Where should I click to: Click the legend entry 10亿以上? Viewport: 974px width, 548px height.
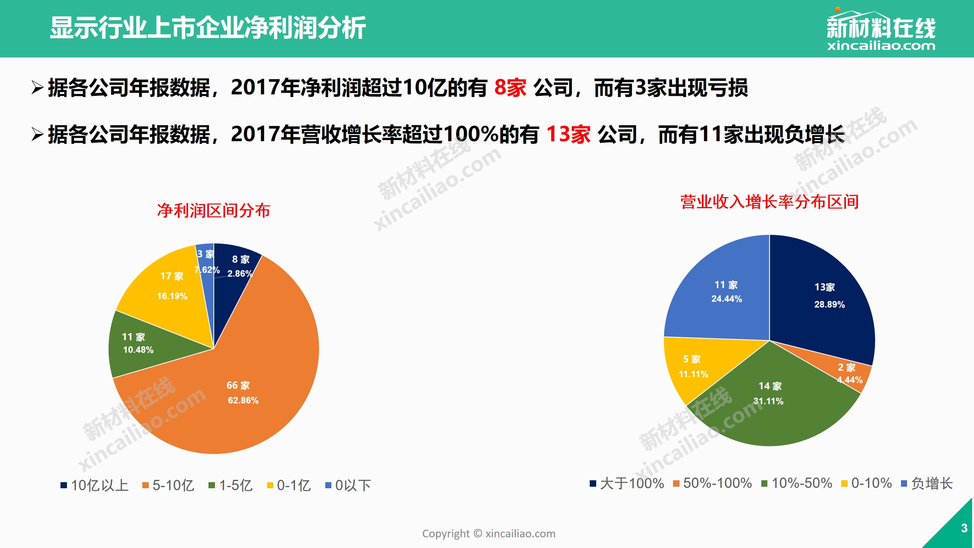pos(95,485)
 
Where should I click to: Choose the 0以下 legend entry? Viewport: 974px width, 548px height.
pos(349,485)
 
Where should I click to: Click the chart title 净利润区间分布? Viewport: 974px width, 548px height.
pos(213,210)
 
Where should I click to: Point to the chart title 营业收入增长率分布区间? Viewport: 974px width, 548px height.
pos(769,202)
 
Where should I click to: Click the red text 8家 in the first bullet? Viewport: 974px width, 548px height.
pos(510,88)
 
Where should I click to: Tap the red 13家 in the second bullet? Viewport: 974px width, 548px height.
pos(568,134)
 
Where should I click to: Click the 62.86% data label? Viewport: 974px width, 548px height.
pos(243,400)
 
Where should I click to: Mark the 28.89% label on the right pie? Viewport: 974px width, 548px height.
pos(829,304)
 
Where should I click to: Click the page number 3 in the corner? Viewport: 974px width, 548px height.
pos(964,528)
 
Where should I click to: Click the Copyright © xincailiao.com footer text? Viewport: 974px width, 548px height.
pos(489,534)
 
